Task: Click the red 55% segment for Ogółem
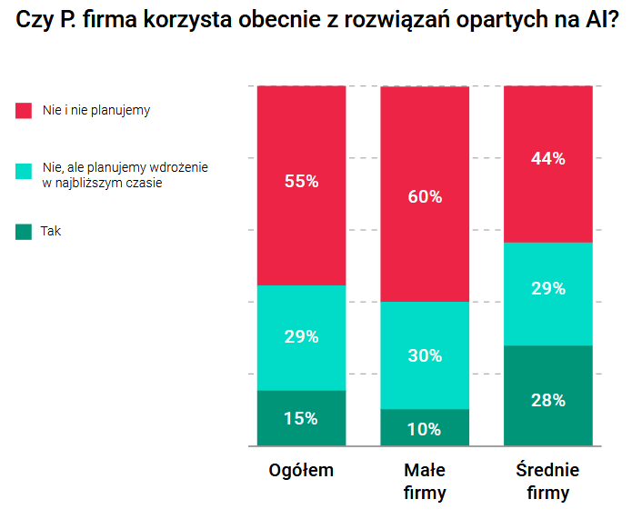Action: click(x=301, y=185)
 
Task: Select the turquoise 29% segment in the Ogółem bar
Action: click(x=301, y=337)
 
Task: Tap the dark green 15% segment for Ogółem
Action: click(x=301, y=418)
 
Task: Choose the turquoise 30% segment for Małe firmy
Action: click(x=425, y=355)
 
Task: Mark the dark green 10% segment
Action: click(x=425, y=428)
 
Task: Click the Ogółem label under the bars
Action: click(x=301, y=471)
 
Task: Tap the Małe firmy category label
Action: click(x=425, y=482)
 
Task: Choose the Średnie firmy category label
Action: click(x=547, y=482)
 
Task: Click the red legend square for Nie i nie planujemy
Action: click(x=24, y=111)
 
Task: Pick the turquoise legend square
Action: click(x=24, y=171)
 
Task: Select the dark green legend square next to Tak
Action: click(x=24, y=232)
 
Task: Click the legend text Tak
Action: click(x=51, y=232)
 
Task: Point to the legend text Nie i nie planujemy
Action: click(x=96, y=111)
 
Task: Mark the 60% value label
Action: click(x=425, y=196)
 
